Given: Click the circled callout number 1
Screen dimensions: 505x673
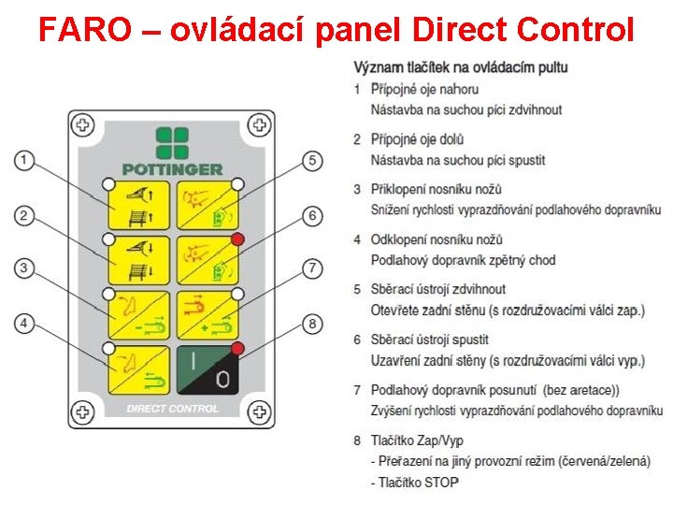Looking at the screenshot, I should pyautogui.click(x=25, y=161).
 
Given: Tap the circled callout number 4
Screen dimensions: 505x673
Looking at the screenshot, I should pyautogui.click(x=25, y=324).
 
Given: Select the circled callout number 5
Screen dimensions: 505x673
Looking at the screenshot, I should pyautogui.click(x=314, y=161).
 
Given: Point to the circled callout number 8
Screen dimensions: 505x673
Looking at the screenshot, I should pyautogui.click(x=314, y=324).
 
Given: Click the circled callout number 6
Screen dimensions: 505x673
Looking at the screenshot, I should pyautogui.click(x=314, y=215).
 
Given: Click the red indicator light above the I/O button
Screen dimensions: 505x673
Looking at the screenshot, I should pyautogui.click(x=238, y=349).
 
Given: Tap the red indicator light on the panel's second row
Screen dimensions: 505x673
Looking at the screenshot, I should pyautogui.click(x=238, y=239).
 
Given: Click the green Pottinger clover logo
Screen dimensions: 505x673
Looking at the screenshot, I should pyautogui.click(x=172, y=143).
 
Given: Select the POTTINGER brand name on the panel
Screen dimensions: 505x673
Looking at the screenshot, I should pyautogui.click(x=172, y=169).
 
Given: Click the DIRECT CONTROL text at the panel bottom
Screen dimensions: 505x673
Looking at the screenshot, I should pyautogui.click(x=172, y=409).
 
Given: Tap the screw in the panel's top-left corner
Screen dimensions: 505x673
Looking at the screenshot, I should pyautogui.click(x=83, y=125).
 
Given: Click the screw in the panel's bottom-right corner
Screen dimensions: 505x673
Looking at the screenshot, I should pyautogui.click(x=261, y=410).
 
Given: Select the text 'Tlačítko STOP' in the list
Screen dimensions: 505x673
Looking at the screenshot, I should pyautogui.click(x=417, y=483).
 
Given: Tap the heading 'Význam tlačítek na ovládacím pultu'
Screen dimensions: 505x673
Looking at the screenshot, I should pyautogui.click(x=460, y=67).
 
